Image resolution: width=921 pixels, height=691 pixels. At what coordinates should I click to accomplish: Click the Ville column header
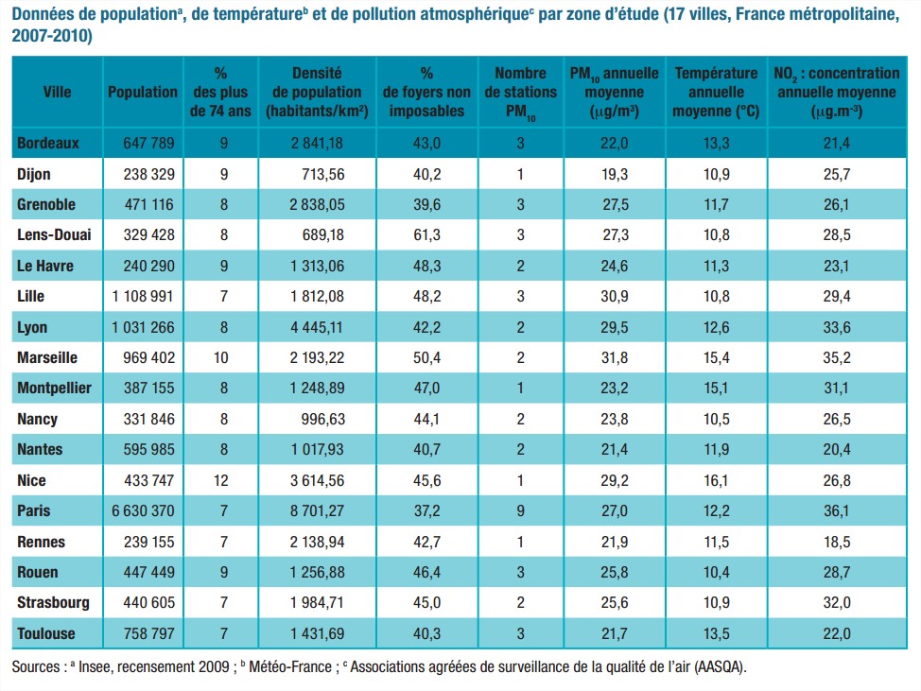coord(57,92)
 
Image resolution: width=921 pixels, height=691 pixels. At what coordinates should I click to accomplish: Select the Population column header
coord(143,92)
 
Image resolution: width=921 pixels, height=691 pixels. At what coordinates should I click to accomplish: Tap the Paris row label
coord(34,510)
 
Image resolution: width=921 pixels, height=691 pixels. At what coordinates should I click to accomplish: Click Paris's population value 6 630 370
coord(143,510)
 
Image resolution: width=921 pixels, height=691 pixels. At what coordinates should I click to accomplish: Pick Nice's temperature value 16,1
coord(716,480)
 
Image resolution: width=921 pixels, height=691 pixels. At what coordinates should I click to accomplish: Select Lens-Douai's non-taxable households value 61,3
coord(426,235)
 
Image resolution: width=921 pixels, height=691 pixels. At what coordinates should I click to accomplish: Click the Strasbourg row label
coord(53,602)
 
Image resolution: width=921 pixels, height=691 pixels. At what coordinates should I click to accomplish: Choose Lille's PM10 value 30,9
coord(616,297)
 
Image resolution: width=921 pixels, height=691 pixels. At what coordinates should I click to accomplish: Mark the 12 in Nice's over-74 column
coord(221,480)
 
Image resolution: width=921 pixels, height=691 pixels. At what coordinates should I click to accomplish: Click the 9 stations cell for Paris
coord(520,510)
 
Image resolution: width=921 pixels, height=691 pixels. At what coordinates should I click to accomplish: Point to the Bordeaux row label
coord(47,144)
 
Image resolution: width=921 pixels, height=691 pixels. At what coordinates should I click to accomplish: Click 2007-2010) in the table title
coord(52,36)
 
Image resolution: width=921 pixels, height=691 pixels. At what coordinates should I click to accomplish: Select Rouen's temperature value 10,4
coord(716,572)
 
